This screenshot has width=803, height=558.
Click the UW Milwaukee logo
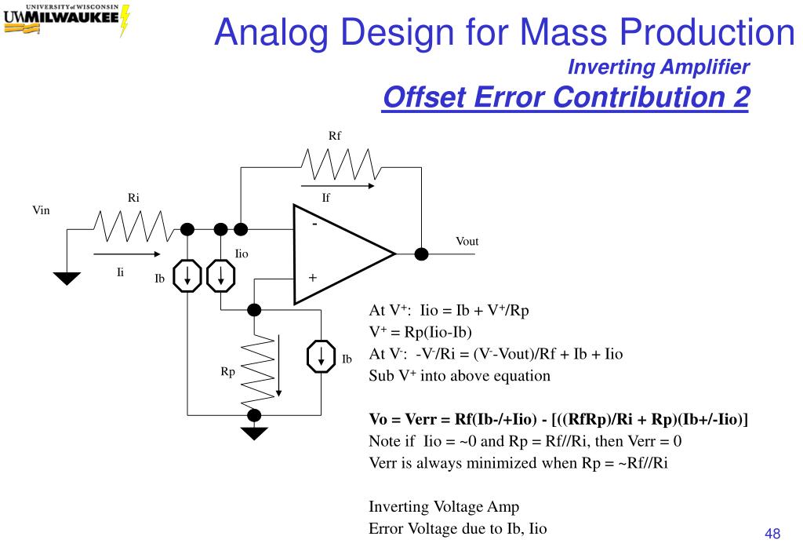coord(66,20)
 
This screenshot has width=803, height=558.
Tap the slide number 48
coord(772,534)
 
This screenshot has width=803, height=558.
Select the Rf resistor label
coord(335,135)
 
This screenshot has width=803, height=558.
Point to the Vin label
coord(41,210)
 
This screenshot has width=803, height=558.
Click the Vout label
coord(467,241)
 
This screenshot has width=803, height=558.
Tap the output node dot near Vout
coord(421,253)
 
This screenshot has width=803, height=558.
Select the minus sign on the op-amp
coord(314,224)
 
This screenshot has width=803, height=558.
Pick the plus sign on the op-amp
coord(312,278)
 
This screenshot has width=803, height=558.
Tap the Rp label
coord(227,372)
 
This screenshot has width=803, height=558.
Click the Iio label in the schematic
coord(242,253)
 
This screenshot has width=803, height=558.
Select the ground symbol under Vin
coord(67,278)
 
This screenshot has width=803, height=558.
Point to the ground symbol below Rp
coord(254,432)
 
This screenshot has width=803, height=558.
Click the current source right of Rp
coord(320,357)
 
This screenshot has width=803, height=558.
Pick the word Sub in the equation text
coord(382,376)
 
